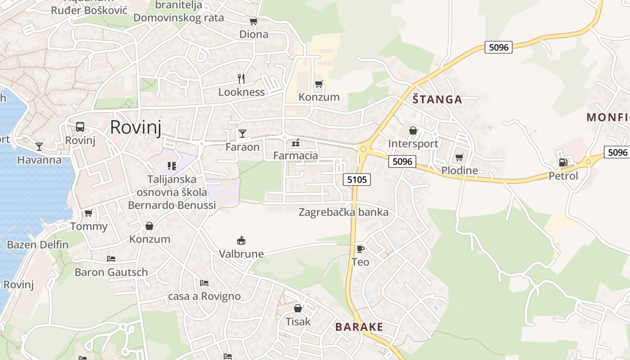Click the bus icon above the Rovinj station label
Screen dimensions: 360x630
point(80,126)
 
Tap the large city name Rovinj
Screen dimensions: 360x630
point(135,127)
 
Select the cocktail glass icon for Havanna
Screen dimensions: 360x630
point(39,146)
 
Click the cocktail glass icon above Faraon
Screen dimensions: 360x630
point(243,133)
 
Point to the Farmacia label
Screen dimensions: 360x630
point(296,156)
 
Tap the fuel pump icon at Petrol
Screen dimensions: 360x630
point(562,162)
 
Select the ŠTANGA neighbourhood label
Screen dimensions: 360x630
point(437,99)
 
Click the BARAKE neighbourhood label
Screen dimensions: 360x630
point(359,327)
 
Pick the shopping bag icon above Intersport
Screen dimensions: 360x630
point(413,130)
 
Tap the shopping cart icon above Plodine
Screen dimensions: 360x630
point(459,157)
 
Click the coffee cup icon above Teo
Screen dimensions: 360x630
point(360,248)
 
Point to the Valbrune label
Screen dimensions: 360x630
point(241,254)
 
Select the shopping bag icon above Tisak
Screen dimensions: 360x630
point(297,308)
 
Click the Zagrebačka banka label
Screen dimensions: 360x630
point(343,212)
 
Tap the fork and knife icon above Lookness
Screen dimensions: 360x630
point(241,79)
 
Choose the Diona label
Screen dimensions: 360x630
point(253,34)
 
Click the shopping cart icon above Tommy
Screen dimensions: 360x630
point(89,213)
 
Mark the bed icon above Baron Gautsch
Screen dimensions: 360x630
point(111,259)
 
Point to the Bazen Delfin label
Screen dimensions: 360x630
point(38,245)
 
